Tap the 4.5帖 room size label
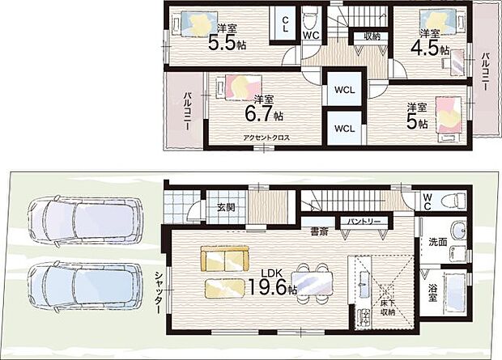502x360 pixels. coord(430,49)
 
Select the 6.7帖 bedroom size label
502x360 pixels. coord(264,113)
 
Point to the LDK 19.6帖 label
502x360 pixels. coord(272,282)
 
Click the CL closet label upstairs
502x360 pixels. coord(285,24)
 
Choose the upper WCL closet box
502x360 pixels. coord(344,89)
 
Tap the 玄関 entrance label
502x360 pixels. coord(226,207)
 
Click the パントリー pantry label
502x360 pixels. coord(364,221)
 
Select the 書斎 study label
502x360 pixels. coord(319,231)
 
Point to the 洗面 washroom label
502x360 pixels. coord(438,242)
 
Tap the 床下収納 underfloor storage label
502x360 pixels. coord(387,307)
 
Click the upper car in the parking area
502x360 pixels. coord(86,219)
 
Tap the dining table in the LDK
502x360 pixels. coord(312,283)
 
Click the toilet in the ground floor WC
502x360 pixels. coord(453,201)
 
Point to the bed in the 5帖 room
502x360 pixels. coord(449,119)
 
